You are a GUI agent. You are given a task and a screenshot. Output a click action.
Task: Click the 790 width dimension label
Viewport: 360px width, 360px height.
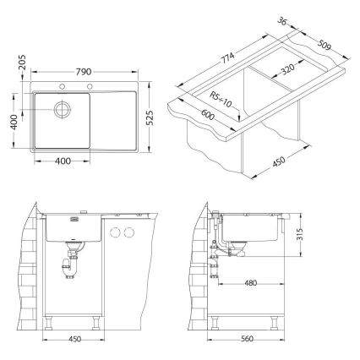pyautogui.click(x=84, y=72)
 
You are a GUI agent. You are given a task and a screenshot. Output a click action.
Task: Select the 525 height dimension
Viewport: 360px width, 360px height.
pyautogui.click(x=150, y=117)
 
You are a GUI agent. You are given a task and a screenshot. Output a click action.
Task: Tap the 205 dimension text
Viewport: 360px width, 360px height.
pyautogui.click(x=22, y=62)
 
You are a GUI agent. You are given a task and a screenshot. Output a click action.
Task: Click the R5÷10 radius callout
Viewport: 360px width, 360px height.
pyautogui.click(x=221, y=100)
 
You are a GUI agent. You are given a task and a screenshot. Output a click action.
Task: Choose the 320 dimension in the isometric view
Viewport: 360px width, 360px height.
pyautogui.click(x=287, y=69)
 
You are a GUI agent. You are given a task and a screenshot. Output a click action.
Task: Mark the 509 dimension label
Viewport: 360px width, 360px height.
pyautogui.click(x=324, y=45)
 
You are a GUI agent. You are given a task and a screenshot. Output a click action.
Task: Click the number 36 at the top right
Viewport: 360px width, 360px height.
pyautogui.click(x=282, y=21)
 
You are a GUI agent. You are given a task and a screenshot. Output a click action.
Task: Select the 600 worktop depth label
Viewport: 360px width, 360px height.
pyautogui.click(x=208, y=114)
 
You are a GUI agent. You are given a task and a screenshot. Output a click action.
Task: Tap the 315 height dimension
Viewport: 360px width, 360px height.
pyautogui.click(x=299, y=235)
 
